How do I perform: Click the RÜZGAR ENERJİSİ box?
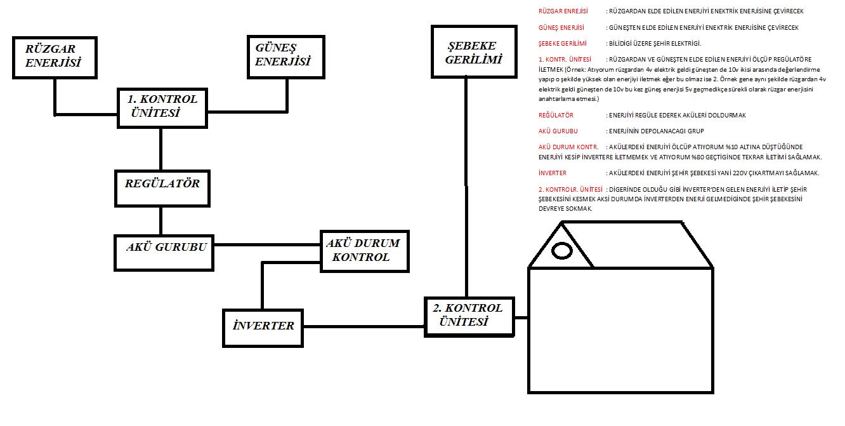[55, 58]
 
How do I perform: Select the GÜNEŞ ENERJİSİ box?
[286, 57]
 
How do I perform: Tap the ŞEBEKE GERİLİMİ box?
[474, 51]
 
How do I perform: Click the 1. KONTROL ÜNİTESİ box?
[162, 109]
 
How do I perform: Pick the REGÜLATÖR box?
[162, 189]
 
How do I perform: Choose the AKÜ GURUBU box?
[164, 253]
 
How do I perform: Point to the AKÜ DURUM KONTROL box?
[364, 251]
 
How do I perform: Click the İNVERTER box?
[263, 328]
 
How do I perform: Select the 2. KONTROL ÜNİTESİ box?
[469, 317]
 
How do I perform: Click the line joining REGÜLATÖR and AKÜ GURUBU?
[161, 221]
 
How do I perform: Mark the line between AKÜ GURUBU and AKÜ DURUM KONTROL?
[267, 244]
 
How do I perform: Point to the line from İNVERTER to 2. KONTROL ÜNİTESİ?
[364, 327]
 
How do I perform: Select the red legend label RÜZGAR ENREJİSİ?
[563, 11]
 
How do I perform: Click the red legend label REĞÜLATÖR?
[556, 115]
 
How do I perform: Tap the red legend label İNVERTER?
[553, 173]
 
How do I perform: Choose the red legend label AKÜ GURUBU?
[558, 131]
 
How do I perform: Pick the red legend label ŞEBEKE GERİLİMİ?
[563, 43]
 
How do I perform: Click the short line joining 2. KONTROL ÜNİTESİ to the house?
[521, 317]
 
